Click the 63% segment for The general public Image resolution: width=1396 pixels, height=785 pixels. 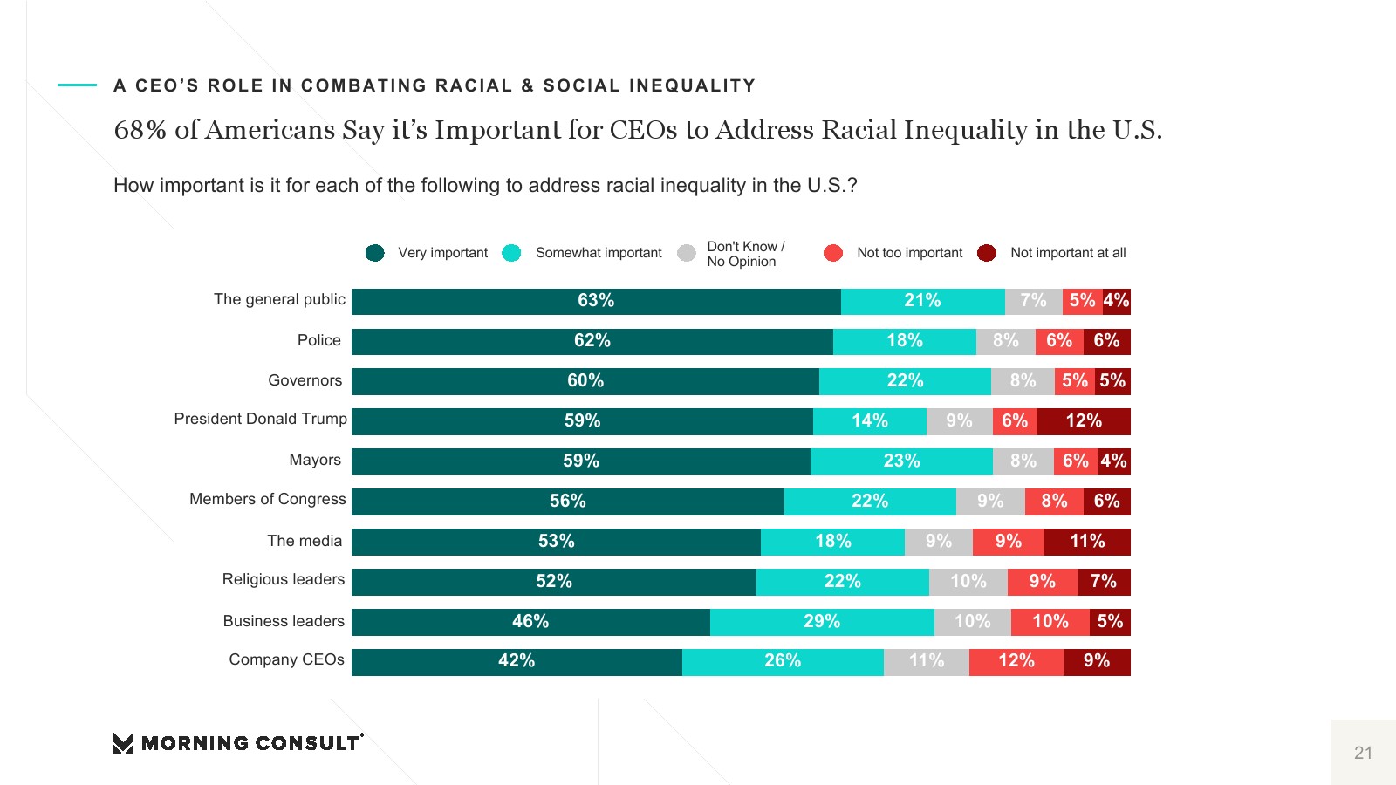(596, 301)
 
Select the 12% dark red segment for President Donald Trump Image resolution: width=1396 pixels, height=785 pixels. (1084, 421)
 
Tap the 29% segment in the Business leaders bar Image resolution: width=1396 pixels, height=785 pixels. (822, 622)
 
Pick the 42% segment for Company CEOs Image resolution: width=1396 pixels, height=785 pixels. (517, 661)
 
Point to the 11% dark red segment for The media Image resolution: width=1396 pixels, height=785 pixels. (1087, 542)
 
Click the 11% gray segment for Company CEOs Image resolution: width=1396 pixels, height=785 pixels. (927, 661)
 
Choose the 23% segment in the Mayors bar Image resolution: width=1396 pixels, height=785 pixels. (901, 461)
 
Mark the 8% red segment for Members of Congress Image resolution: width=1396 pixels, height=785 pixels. (1054, 502)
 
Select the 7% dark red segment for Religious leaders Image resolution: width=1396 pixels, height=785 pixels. (1104, 582)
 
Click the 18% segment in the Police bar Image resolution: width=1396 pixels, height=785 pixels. (905, 341)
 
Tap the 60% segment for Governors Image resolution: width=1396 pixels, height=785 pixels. (585, 381)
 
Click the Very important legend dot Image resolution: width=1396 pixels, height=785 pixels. (375, 253)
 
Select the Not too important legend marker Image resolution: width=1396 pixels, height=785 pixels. (833, 253)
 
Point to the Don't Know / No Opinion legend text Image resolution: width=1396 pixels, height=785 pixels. (745, 254)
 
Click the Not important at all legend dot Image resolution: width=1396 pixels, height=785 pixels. (987, 253)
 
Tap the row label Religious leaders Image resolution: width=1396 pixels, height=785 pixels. (284, 579)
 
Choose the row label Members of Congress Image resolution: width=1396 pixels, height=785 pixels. (268, 499)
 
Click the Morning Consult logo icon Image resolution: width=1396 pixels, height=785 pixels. (123, 743)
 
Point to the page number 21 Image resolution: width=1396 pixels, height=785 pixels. (1363, 753)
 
